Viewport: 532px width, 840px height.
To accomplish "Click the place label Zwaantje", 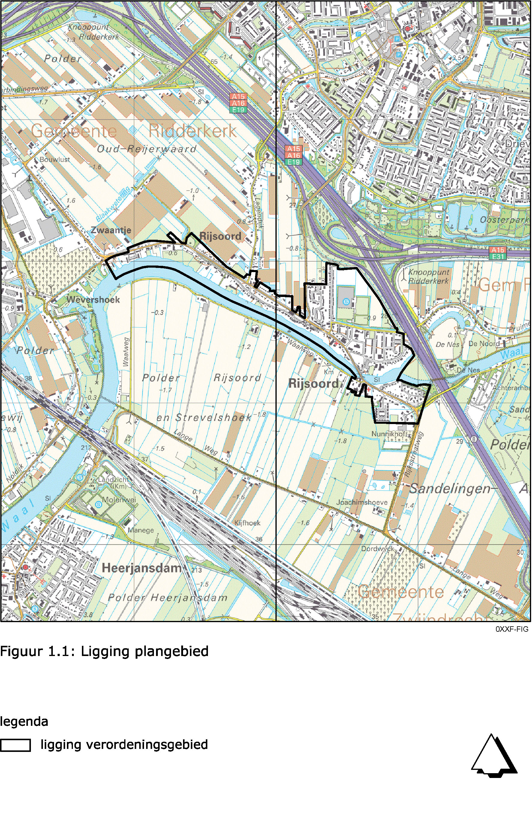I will [111, 230].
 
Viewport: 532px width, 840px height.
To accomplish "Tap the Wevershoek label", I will [93, 299].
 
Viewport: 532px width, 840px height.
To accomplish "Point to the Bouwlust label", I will [55, 159].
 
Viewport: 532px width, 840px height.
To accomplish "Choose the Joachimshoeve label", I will [362, 502].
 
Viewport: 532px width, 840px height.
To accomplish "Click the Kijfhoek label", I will [247, 523].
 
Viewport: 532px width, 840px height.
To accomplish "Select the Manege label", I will [140, 530].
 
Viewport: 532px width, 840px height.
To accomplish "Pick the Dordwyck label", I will [377, 549].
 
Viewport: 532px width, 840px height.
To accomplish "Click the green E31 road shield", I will [497, 257].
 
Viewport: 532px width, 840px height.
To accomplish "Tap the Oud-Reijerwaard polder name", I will [146, 149].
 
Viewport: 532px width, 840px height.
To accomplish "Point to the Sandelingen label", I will [450, 489].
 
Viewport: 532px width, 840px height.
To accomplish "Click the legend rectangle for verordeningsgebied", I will [15, 746].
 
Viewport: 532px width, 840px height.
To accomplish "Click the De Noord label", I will [484, 344].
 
